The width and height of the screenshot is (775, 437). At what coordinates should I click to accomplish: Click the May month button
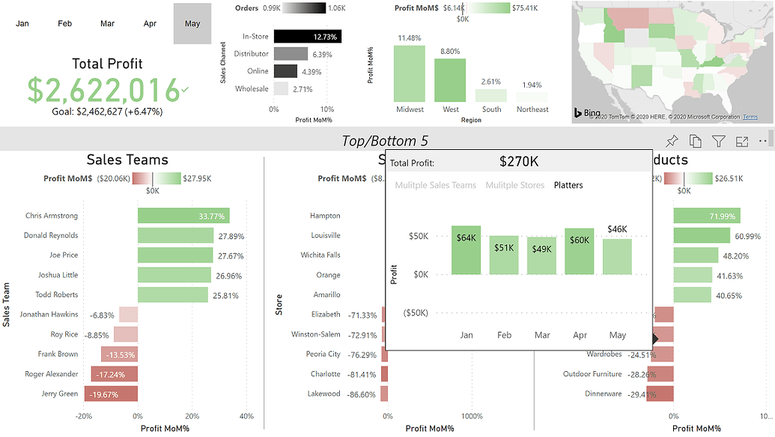click(192, 24)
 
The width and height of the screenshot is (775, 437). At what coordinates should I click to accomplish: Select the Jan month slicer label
click(22, 24)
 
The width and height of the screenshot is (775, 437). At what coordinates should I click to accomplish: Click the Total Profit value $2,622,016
click(103, 90)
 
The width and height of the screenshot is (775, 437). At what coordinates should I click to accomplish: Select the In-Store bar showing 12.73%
click(308, 36)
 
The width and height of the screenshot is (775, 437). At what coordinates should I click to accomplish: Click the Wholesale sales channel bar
click(281, 88)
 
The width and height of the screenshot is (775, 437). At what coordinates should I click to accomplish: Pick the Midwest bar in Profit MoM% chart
click(410, 73)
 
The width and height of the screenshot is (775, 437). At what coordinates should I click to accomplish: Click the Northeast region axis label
click(532, 109)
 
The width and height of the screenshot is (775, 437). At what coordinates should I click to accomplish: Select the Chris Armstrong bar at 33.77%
click(183, 216)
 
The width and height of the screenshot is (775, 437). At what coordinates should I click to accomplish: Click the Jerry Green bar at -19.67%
click(116, 394)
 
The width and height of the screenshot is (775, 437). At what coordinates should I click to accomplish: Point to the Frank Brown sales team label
click(58, 354)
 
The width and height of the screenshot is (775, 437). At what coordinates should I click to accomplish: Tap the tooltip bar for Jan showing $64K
click(466, 250)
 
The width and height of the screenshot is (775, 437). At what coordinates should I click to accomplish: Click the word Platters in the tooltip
click(568, 185)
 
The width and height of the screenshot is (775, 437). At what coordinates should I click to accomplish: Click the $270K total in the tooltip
click(519, 161)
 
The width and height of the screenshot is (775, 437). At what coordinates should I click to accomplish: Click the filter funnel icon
click(718, 141)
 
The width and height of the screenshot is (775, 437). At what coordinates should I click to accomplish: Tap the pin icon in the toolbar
click(672, 141)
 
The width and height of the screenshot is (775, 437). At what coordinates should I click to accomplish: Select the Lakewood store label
click(323, 394)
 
